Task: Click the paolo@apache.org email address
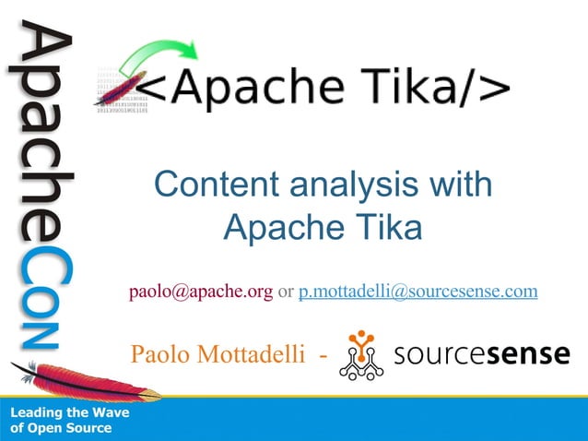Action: (201, 292)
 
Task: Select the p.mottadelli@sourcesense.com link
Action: (418, 292)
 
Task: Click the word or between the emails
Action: (286, 292)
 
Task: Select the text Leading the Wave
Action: (69, 413)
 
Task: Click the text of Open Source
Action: (61, 428)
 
